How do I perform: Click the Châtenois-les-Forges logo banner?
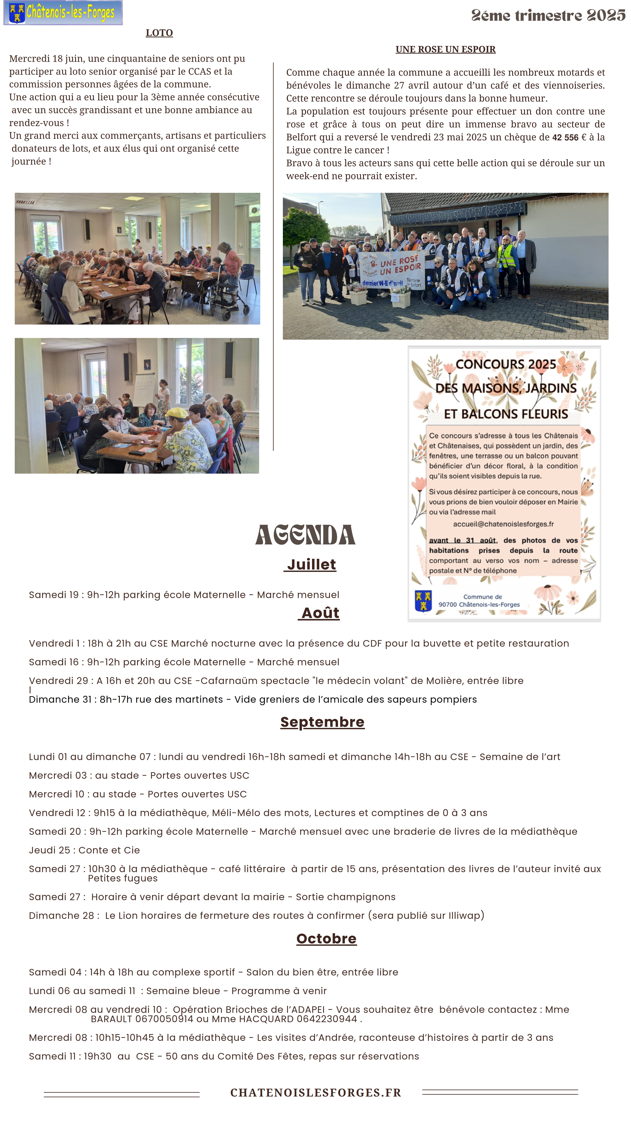tap(63, 13)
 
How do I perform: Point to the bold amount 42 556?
tap(565, 138)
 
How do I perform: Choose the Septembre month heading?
tap(322, 722)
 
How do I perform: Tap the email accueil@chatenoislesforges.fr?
tap(503, 524)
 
